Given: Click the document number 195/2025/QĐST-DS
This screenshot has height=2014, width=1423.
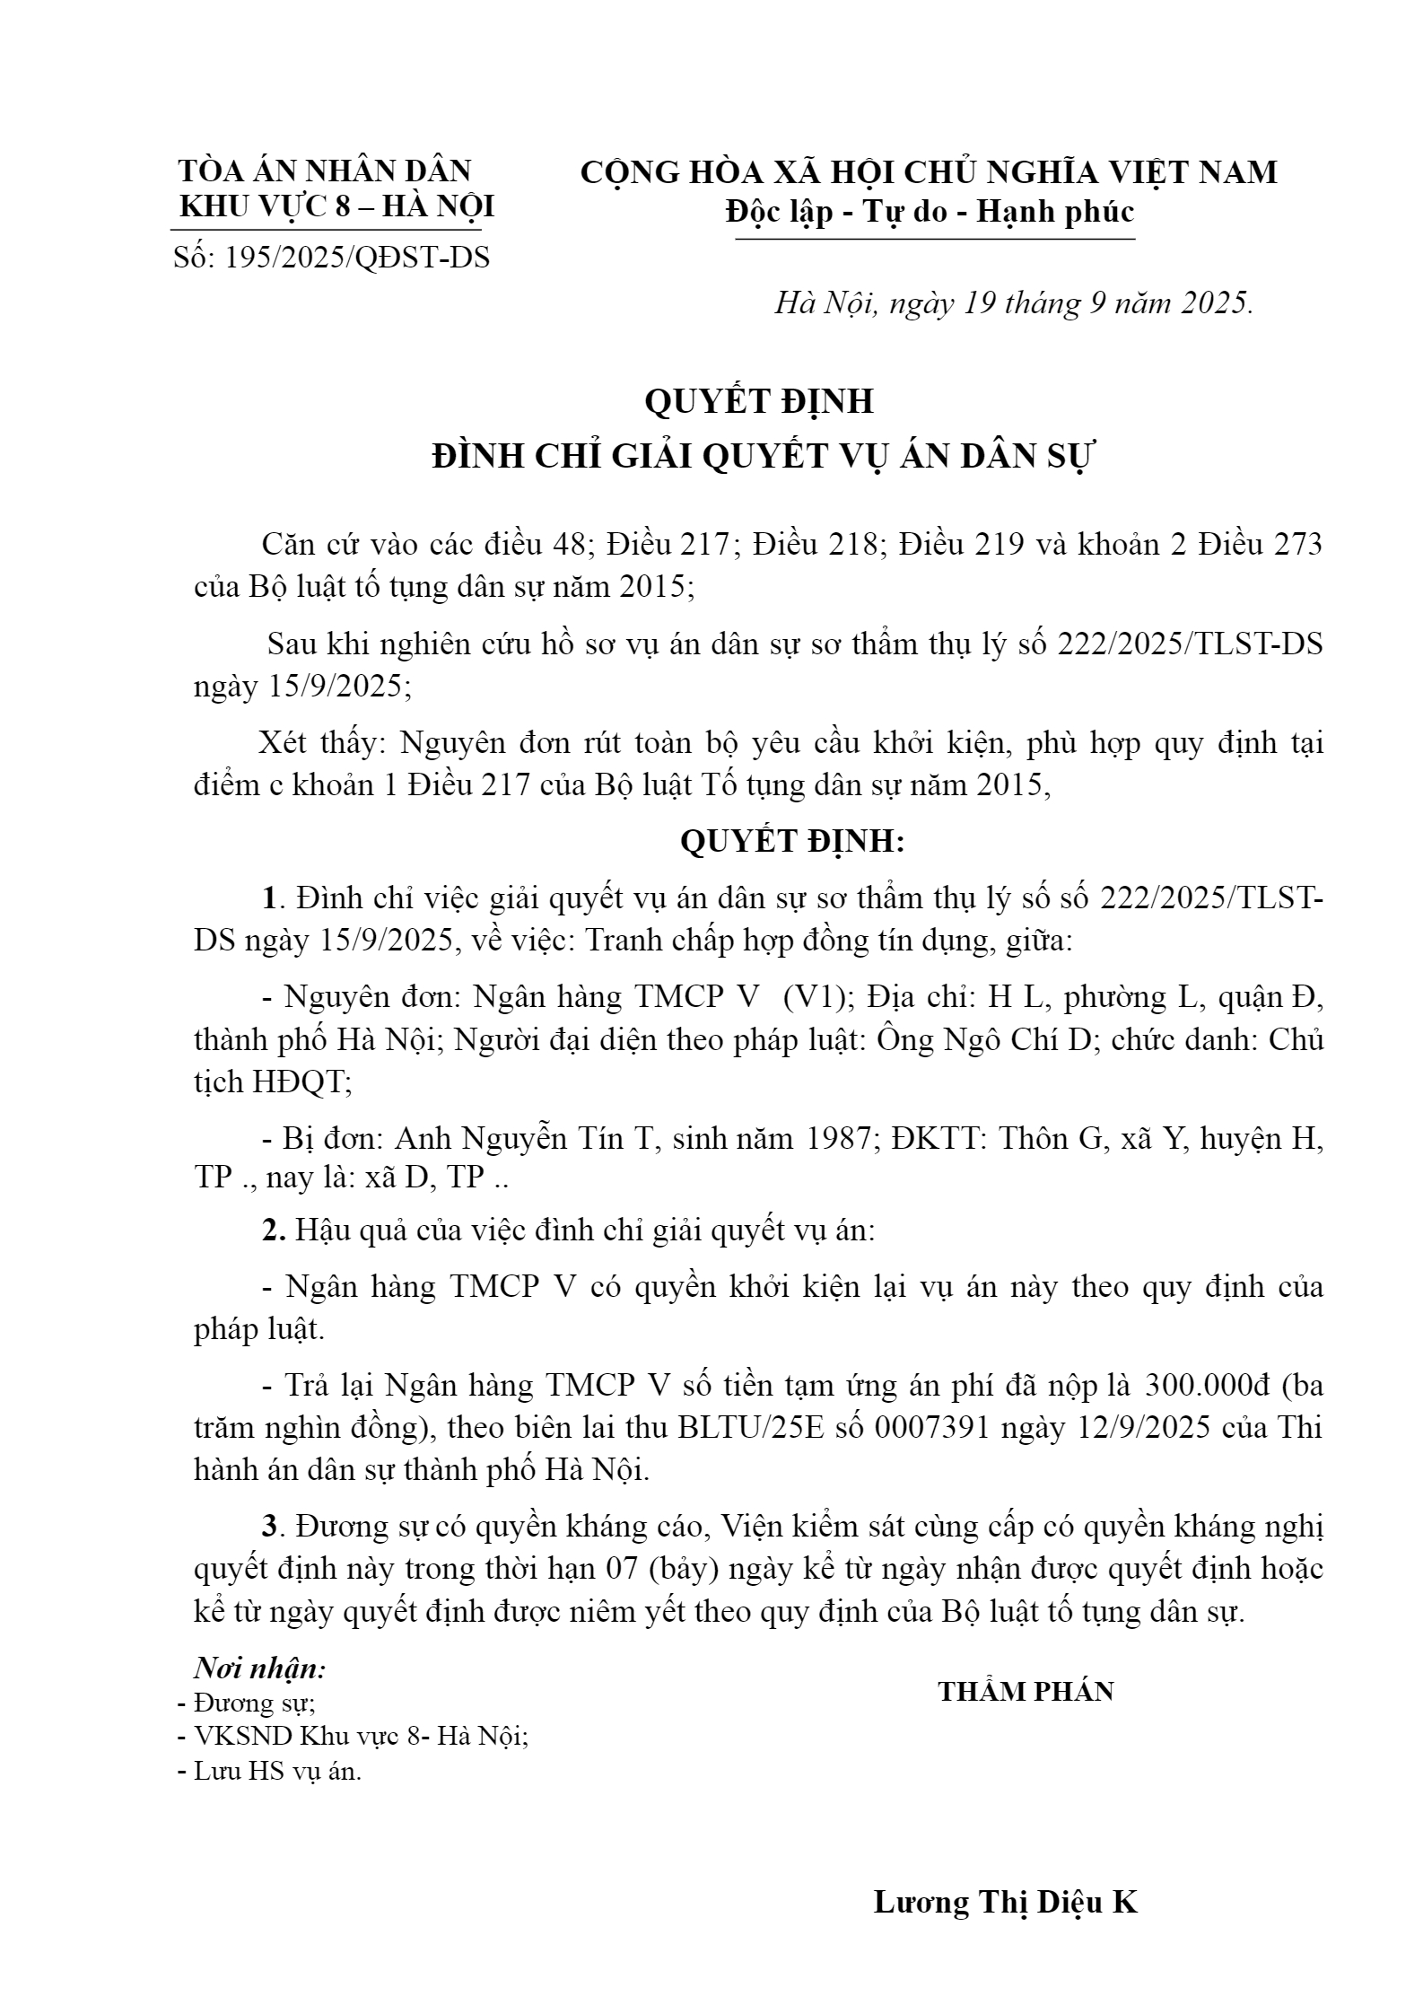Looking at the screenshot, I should (357, 258).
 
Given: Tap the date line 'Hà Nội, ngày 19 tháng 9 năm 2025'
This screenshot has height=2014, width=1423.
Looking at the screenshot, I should (1013, 304).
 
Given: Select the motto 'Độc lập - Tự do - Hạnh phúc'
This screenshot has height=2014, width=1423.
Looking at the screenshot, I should (930, 212).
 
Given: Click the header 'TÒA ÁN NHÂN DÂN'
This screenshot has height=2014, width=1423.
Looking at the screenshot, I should (325, 171).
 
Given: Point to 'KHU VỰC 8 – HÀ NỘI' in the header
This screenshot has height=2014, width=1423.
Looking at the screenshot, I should (336, 207).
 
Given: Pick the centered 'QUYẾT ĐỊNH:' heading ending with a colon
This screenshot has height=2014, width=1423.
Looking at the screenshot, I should (792, 841).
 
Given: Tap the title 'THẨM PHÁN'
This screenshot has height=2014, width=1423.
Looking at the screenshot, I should (1026, 1692).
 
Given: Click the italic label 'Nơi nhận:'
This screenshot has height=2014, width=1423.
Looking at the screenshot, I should (260, 1668).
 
